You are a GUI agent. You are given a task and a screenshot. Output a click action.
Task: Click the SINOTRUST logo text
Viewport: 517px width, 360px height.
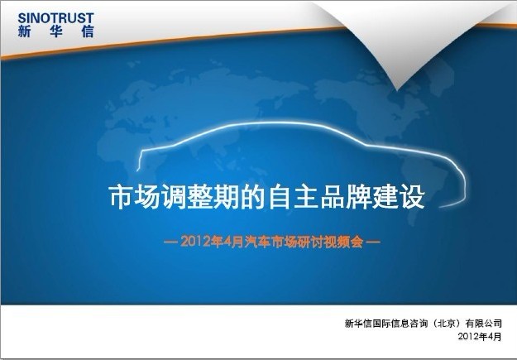pos(56,18)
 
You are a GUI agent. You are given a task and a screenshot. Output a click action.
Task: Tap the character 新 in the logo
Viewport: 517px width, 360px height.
pos(24,31)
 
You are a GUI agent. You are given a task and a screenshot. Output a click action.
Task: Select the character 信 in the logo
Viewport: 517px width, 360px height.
pos(88,31)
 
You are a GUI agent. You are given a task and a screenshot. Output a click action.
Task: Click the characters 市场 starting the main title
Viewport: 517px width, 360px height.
pos(135,197)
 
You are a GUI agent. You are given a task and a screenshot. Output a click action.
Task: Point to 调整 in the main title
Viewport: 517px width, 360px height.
pos(187,197)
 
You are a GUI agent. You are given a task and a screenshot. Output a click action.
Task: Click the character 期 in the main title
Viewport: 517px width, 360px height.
pos(227,197)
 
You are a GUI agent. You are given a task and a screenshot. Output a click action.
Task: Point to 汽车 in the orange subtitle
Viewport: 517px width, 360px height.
pos(258,242)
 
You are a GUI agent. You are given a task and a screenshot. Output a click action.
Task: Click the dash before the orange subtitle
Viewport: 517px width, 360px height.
pos(170,242)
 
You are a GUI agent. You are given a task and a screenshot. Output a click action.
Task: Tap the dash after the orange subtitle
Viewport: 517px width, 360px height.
pos(373,242)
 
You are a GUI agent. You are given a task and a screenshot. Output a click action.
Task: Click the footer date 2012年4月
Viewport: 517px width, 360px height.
pos(480,337)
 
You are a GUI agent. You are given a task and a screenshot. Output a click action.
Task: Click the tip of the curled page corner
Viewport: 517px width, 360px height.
pos(397,89)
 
